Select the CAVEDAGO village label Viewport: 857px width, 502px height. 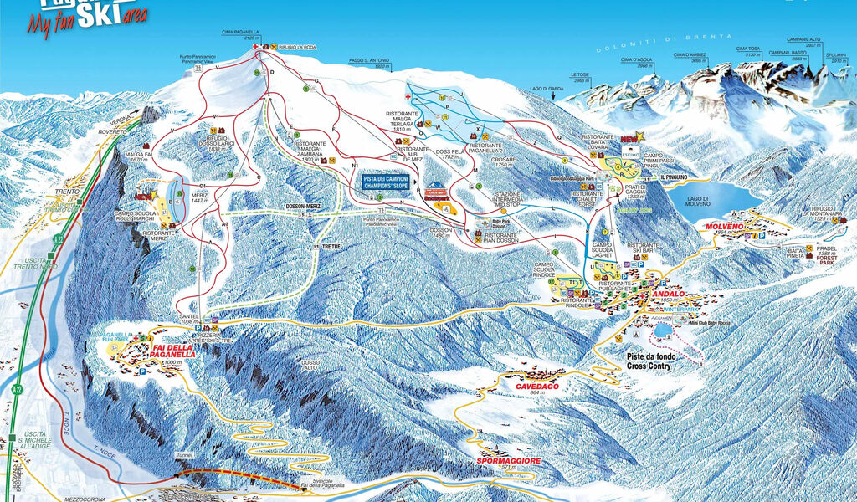(x=536, y=387)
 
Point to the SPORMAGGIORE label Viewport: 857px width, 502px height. (x=508, y=461)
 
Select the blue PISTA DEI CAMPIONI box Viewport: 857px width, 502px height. (x=389, y=182)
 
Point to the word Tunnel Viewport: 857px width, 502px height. (x=184, y=457)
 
